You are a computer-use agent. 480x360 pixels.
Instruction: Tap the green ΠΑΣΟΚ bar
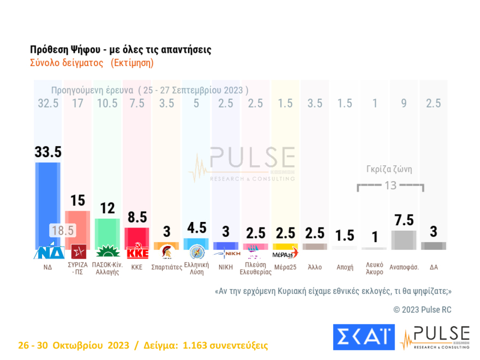(x=107, y=232)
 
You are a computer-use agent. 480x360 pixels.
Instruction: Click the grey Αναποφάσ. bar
(x=404, y=239)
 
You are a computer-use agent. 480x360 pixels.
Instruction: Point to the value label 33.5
(x=47, y=152)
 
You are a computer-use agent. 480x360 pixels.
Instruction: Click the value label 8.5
(x=136, y=218)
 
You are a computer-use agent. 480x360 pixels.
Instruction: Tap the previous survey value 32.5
(x=47, y=103)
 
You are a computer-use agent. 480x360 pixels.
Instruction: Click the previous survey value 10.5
(x=107, y=103)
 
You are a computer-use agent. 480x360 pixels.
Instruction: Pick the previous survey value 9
(x=404, y=103)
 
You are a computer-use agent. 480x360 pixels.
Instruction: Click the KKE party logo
(x=136, y=253)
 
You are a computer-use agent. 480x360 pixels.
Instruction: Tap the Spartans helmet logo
(x=166, y=253)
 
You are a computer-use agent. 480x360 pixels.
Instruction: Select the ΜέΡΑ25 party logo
(x=285, y=253)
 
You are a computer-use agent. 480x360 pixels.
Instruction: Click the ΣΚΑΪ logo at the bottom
(x=363, y=337)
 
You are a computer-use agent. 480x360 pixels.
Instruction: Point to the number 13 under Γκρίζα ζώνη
(x=390, y=185)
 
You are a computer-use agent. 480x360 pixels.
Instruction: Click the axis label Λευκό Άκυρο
(x=374, y=268)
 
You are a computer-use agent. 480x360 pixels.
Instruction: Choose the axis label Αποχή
(x=345, y=267)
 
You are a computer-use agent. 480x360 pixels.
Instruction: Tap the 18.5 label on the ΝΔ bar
(x=63, y=230)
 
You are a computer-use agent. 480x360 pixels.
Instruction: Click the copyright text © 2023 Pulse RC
(x=422, y=310)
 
